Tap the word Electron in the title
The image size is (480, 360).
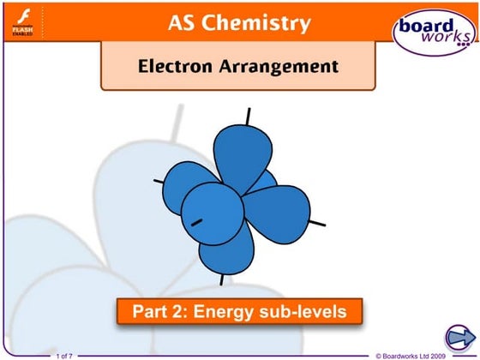tap(175, 66)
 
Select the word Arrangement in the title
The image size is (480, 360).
tap(276, 66)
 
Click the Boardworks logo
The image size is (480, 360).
tap(433, 33)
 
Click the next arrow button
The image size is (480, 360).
tap(461, 335)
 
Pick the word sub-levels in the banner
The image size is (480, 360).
tap(303, 312)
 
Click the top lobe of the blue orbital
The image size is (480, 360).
tap(241, 154)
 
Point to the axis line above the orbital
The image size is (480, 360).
tap(249, 115)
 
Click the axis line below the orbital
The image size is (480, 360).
tap(223, 279)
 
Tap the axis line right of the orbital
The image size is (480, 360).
tap(317, 224)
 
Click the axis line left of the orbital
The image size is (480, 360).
tap(159, 181)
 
